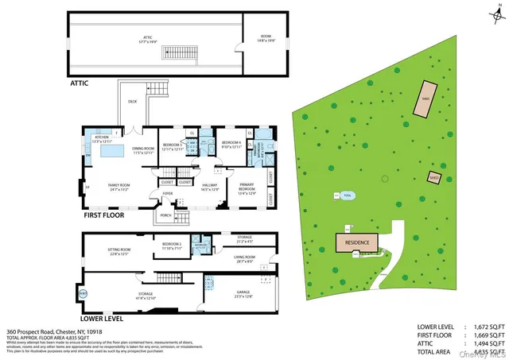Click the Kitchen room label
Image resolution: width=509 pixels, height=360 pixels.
click(102, 139)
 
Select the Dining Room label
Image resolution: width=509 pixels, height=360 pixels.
click(143, 149)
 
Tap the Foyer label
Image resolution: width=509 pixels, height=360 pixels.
click(168, 193)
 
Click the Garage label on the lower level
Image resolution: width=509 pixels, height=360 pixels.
click(243, 293)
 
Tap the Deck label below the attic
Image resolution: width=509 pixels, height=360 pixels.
click(132, 102)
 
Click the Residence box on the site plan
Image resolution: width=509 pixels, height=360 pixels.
click(357, 240)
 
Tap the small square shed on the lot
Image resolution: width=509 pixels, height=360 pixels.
click(434, 177)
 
